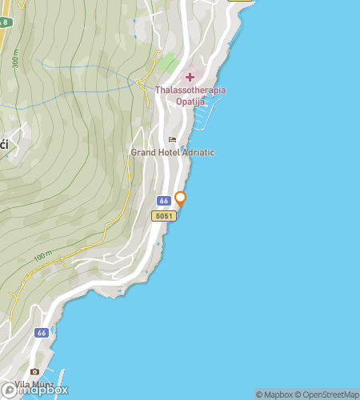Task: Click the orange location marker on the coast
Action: pos(181,199)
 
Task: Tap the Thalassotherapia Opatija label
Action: pos(190,96)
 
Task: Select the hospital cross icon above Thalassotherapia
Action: pos(190,77)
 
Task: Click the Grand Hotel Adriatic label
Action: pos(173,153)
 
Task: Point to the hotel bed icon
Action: pos(171,140)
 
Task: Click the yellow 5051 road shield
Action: pos(163,216)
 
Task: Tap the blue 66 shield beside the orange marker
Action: pos(163,201)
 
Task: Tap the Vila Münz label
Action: pos(35,385)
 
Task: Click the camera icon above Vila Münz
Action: pos(34,372)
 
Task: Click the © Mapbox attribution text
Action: pos(274,394)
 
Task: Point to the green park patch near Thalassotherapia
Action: pos(167,62)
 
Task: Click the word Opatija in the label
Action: pos(190,102)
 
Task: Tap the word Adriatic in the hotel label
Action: pos(196,153)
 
